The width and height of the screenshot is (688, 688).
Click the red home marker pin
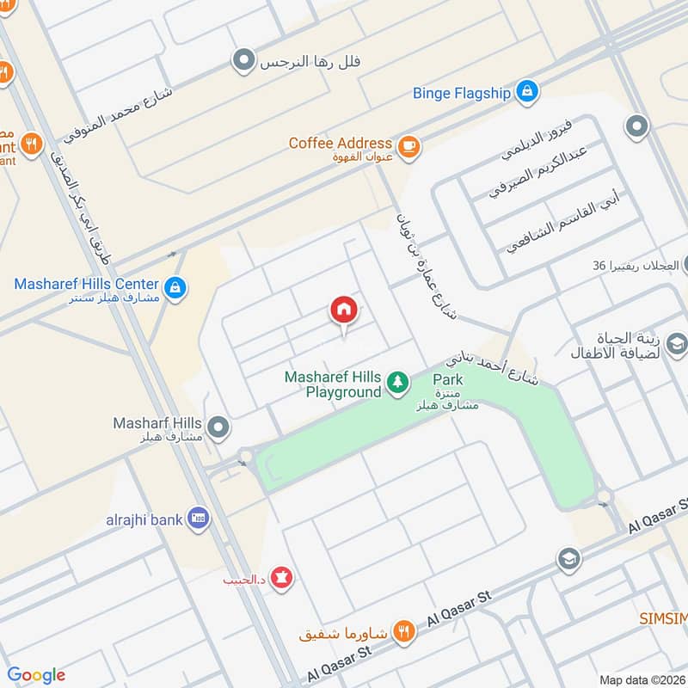point(343,310)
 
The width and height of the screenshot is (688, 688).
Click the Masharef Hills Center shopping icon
point(175,287)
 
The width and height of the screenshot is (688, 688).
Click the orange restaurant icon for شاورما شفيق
point(403,633)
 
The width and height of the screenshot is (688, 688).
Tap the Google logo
point(36,675)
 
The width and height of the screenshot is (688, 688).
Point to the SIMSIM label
point(663,618)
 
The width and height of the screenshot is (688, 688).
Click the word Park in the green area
point(447,379)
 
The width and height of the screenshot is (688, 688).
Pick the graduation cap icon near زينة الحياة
point(677,345)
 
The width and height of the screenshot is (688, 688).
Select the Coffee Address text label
point(341,144)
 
